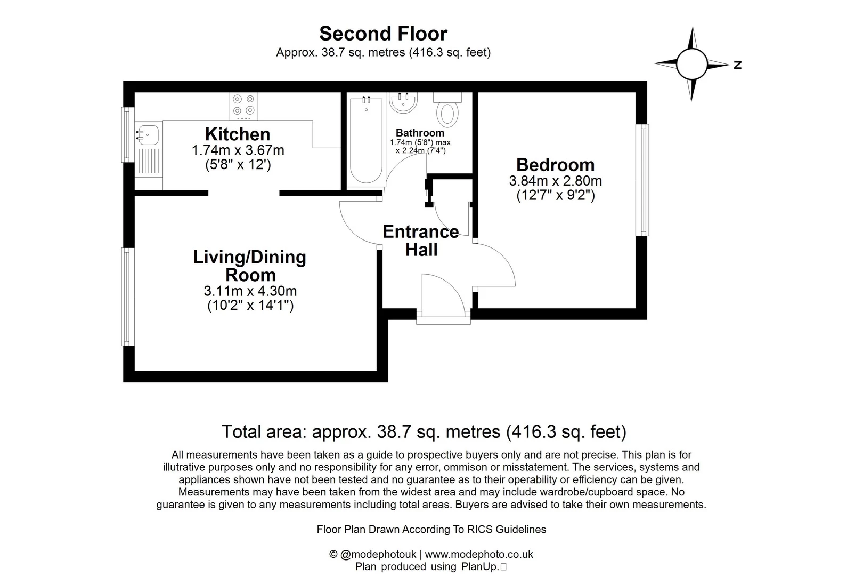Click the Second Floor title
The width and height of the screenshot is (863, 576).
tap(383, 34)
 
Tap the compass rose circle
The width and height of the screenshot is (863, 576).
tap(692, 63)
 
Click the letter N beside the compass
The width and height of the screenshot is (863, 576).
tap(738, 65)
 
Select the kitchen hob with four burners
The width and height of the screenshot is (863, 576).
tap(244, 106)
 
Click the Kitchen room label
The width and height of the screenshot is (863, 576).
tap(238, 134)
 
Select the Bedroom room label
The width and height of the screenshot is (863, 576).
tap(555, 165)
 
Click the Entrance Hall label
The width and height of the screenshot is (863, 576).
tap(421, 241)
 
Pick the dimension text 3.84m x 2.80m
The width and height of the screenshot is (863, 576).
tap(555, 181)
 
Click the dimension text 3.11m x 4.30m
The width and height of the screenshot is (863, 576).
tap(250, 291)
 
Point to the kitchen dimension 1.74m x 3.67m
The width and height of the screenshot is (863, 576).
tap(238, 150)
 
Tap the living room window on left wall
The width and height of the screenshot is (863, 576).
tap(127, 297)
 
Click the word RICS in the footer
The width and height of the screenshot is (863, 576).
tap(480, 530)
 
